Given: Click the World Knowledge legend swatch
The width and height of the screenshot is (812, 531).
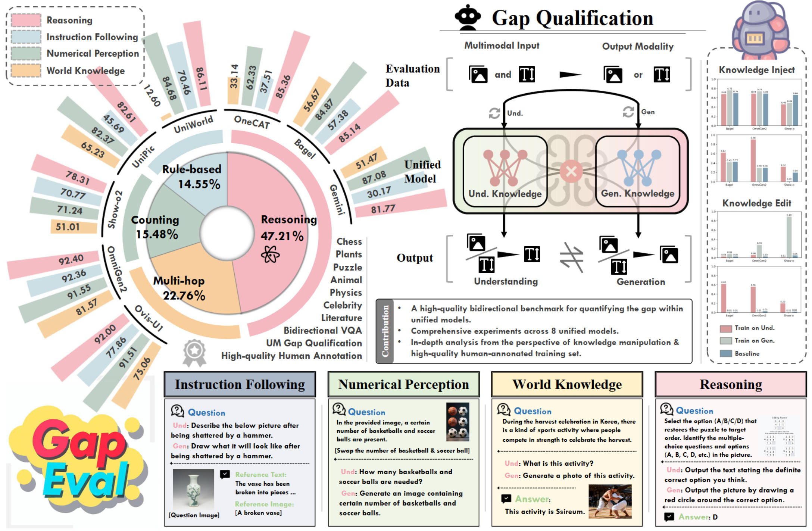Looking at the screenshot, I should point(26,70).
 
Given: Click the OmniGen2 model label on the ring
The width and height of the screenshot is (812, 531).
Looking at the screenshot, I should point(117,269).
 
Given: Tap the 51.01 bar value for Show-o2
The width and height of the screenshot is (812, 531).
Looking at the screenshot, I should point(68,227).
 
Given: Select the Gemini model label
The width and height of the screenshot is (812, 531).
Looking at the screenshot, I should point(337,200).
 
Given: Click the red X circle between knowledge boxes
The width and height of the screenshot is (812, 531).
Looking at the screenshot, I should point(571,172).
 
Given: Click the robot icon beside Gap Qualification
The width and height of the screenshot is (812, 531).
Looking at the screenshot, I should point(467,18).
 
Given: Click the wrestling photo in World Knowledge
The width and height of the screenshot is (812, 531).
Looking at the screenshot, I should point(610,501).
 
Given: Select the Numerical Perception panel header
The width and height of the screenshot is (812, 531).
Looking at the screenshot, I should point(403,384).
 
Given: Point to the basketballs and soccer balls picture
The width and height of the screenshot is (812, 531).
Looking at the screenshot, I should point(458,422).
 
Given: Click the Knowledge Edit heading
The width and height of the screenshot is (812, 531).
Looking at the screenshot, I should point(756,203).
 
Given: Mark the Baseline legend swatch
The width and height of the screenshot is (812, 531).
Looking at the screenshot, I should point(725,353).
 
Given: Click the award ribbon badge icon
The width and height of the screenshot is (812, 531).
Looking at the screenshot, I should point(194,352).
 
